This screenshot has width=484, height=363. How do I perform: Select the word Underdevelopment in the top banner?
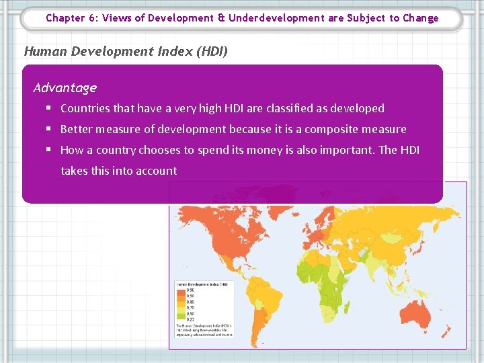[x=276, y=18]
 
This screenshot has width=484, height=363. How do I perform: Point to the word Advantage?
[x=65, y=87]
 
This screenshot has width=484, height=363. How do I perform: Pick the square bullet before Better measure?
[x=50, y=129]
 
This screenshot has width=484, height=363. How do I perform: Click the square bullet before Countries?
[x=50, y=108]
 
